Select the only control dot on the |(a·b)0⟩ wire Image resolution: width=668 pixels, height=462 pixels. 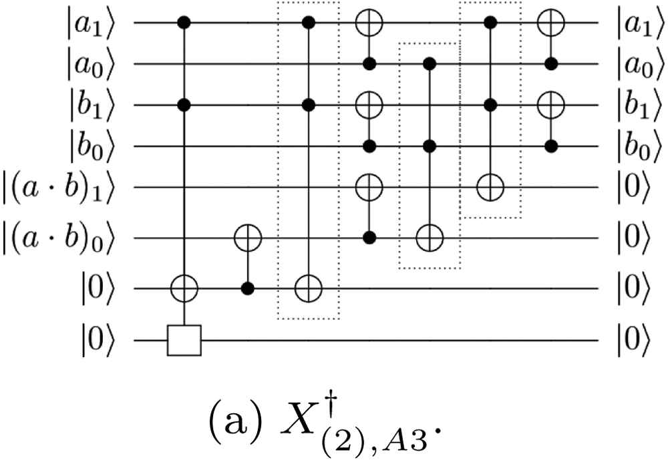coord(367,236)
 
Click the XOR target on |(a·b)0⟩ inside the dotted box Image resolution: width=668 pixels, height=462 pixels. coord(428,236)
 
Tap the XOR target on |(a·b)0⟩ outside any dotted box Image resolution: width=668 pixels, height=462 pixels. coord(246,236)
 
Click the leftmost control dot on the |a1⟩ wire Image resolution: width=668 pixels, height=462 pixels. coord(184,23)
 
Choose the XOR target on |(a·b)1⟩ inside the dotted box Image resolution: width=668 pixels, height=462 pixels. coord(490,188)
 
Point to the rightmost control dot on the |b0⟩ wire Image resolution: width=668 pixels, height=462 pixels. coord(550,146)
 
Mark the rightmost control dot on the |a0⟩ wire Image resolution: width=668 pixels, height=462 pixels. coord(550,64)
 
